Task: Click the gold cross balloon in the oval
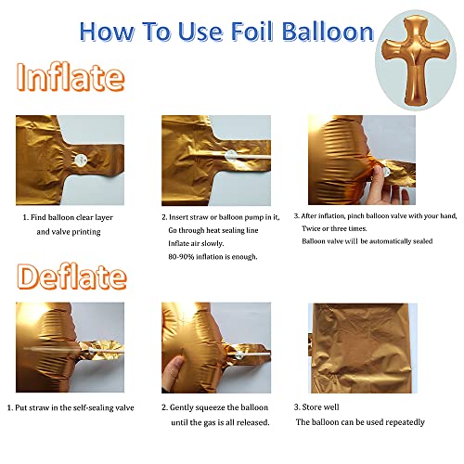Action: pyautogui.click(x=417, y=55)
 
